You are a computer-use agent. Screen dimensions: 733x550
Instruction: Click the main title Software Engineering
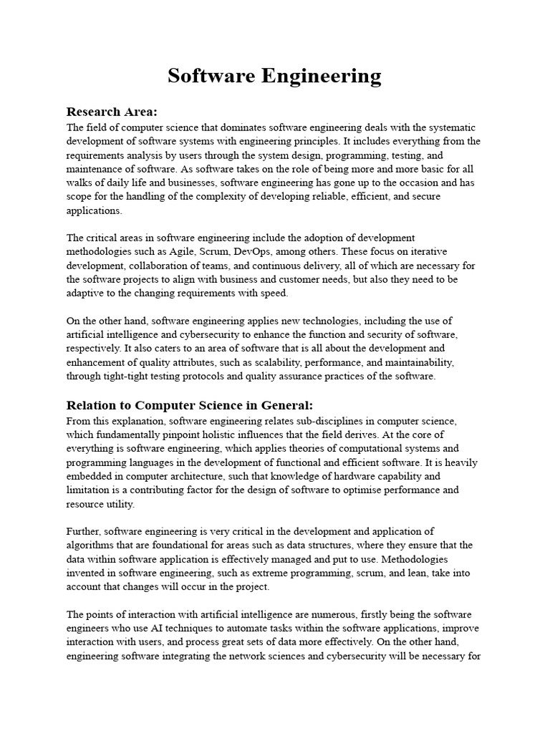tap(274, 76)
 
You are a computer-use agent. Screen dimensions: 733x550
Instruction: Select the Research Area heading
tap(111, 112)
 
